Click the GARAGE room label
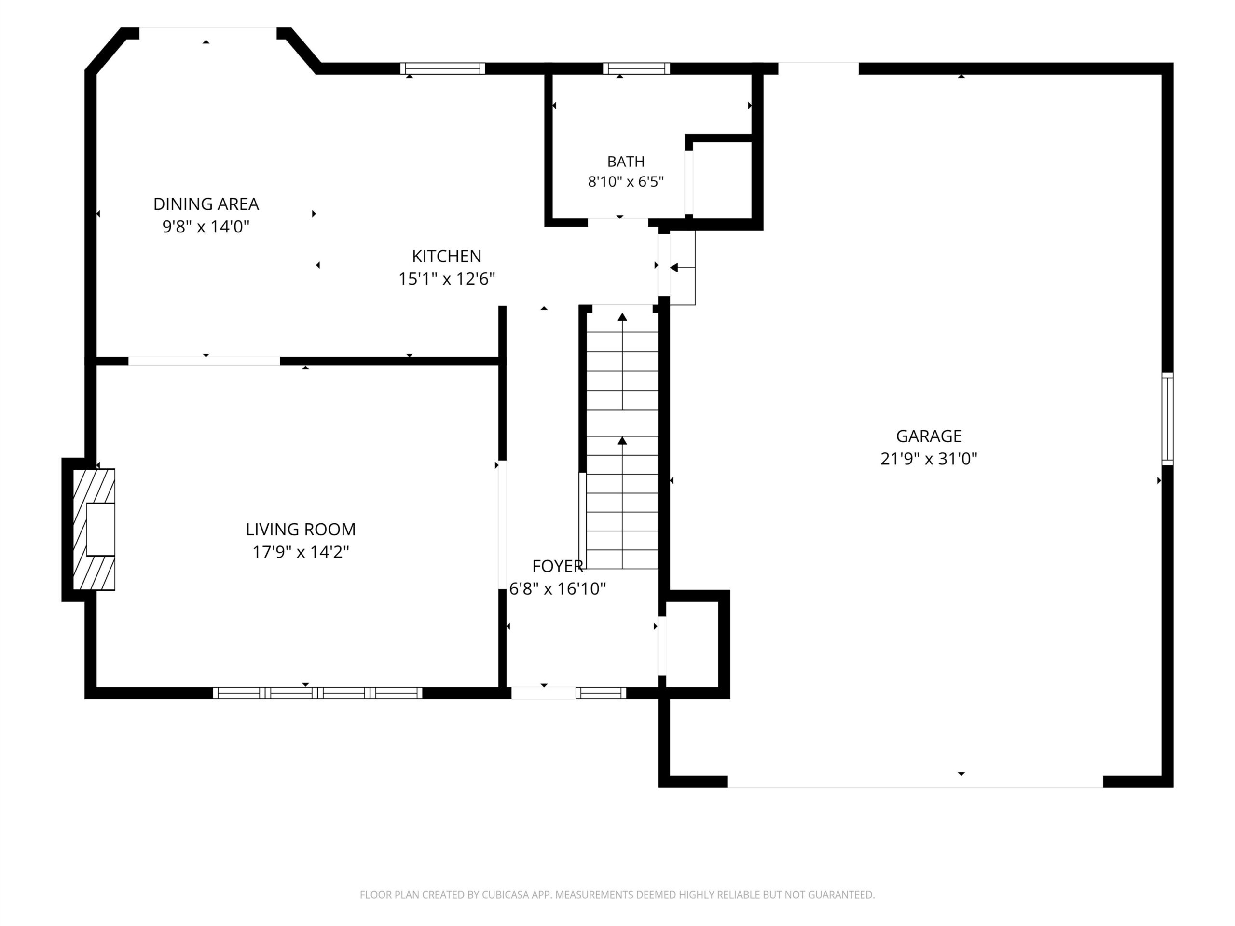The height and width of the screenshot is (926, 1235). click(x=929, y=436)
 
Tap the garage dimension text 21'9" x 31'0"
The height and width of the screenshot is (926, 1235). click(x=929, y=459)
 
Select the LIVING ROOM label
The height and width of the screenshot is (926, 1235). click(x=301, y=529)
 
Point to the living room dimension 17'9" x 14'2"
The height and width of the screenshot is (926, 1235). click(x=301, y=552)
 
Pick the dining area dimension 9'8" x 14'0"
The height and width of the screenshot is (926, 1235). click(x=206, y=227)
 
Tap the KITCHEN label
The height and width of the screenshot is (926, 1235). click(x=447, y=256)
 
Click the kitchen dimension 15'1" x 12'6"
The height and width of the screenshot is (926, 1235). click(x=447, y=279)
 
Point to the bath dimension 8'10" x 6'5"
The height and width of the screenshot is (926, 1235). click(x=626, y=182)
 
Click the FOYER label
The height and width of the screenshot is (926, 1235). click(x=558, y=567)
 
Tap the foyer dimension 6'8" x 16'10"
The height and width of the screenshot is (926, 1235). click(x=558, y=589)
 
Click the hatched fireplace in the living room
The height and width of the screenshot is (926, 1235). click(x=94, y=530)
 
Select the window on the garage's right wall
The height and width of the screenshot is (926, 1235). click(x=1167, y=419)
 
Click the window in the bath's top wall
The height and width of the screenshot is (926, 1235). click(x=636, y=68)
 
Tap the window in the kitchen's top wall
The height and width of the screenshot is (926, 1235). click(x=443, y=68)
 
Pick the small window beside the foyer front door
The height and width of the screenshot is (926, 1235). click(x=601, y=693)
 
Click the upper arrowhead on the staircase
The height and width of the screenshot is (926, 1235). click(x=622, y=317)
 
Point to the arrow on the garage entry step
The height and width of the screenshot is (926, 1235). click(x=682, y=268)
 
